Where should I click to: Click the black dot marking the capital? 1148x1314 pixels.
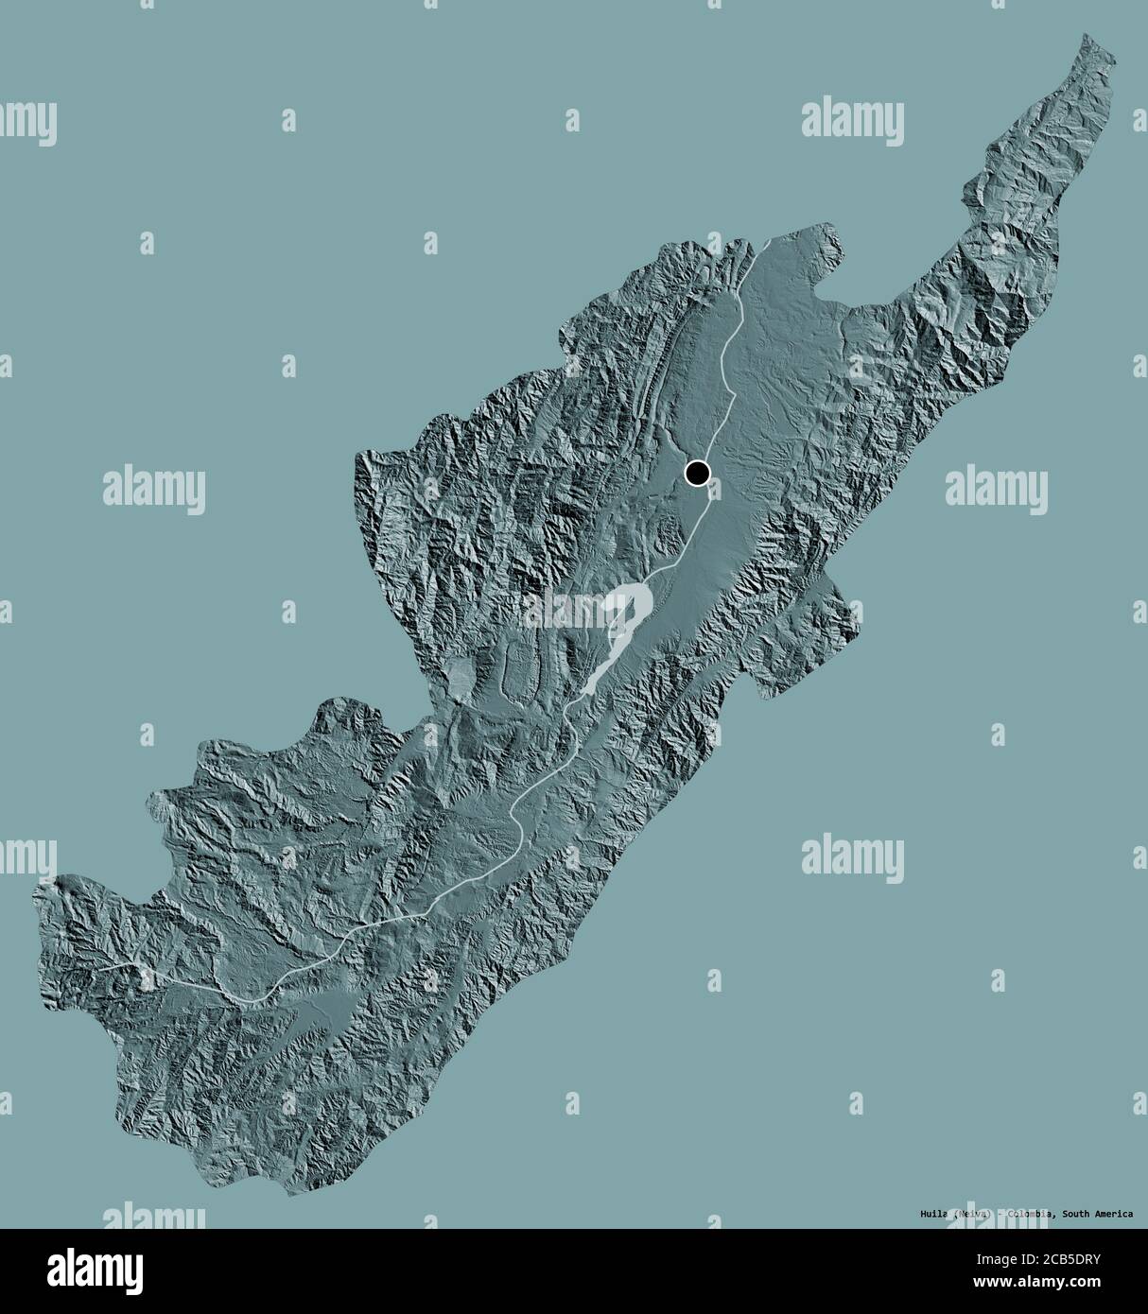pyautogui.click(x=698, y=473)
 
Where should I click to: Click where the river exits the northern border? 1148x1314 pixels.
pyautogui.click(x=767, y=242)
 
